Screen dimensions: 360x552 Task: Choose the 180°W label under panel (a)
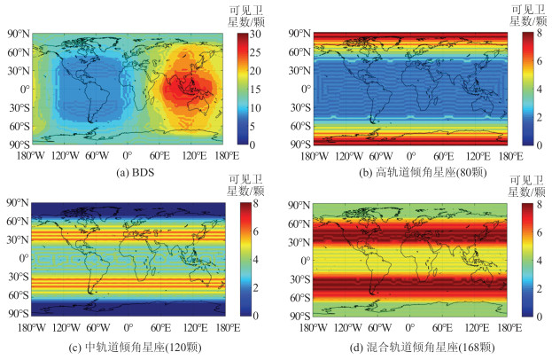tap(32, 155)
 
